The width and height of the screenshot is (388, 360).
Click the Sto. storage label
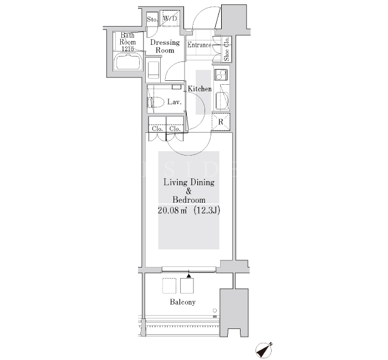tap(152, 19)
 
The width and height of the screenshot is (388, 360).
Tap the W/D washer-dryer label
tap(170, 18)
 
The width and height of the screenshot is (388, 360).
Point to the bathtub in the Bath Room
tap(128, 62)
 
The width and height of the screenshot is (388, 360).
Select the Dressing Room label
tap(165, 46)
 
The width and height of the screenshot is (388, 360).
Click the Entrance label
tap(199, 45)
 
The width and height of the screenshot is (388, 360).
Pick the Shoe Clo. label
tap(227, 49)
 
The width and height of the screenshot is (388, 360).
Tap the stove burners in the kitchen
tap(221, 75)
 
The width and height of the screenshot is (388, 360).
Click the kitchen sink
tap(222, 101)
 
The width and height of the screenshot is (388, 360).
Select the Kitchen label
tap(200, 89)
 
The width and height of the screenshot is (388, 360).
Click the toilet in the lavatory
tap(156, 102)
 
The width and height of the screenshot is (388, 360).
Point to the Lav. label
tap(175, 101)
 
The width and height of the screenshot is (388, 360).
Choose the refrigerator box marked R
tap(221, 122)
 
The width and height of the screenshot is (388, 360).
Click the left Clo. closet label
tap(157, 128)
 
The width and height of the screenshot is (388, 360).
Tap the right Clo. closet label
tap(175, 128)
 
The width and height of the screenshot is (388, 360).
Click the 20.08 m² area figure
tap(172, 210)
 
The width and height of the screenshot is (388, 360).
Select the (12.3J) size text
tap(207, 210)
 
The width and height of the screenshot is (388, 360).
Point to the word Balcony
tap(182, 302)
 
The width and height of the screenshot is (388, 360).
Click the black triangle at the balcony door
tap(189, 275)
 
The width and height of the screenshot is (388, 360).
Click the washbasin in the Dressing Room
tap(154, 70)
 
